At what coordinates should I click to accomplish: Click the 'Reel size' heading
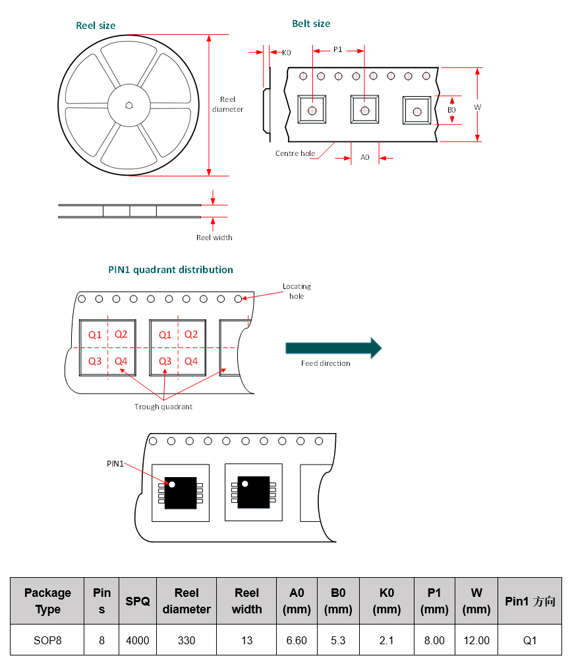point(96,26)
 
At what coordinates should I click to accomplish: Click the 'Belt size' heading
point(311,24)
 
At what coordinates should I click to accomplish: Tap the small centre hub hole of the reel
point(129,104)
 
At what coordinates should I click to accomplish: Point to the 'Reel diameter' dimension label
point(227,105)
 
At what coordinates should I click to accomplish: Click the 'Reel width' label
point(214,238)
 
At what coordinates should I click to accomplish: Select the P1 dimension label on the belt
point(337,49)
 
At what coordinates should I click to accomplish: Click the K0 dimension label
point(286,52)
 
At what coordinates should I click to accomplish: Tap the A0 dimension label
point(364,157)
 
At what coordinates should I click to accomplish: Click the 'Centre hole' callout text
point(295,153)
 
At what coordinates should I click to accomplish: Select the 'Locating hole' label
point(297,291)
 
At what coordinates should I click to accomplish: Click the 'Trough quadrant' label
point(163,407)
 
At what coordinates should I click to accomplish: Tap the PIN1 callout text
point(115,463)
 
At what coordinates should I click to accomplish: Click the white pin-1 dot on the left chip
point(172,484)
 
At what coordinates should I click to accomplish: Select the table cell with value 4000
point(138,640)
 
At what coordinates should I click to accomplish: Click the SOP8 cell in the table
point(47,640)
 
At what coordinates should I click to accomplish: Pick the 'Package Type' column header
point(47,601)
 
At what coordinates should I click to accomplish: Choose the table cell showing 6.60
point(297,640)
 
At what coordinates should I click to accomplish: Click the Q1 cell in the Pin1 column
point(530,640)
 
